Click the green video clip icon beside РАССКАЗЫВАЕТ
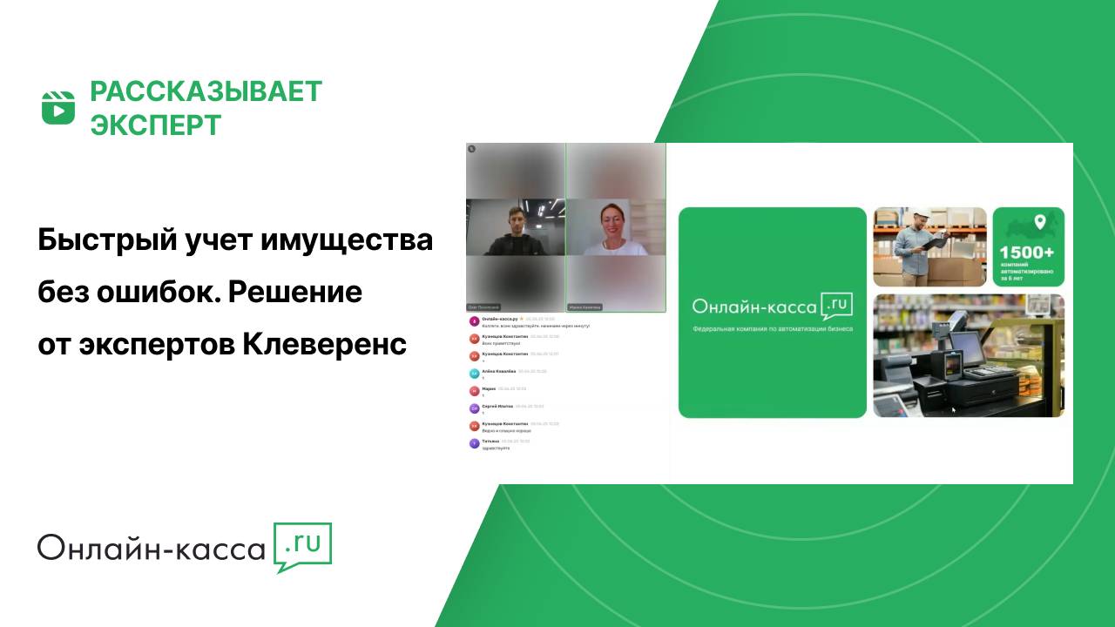(x=58, y=107)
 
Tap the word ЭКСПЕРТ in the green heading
(x=156, y=125)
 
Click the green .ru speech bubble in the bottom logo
(x=302, y=546)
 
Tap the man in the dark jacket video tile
(x=515, y=230)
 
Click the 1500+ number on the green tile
(x=1028, y=252)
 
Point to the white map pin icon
(x=1038, y=221)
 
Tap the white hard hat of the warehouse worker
(x=921, y=213)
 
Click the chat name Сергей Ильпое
(x=497, y=406)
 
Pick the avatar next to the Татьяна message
(x=474, y=442)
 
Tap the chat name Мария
(x=489, y=388)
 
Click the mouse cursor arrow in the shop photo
(x=953, y=408)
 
